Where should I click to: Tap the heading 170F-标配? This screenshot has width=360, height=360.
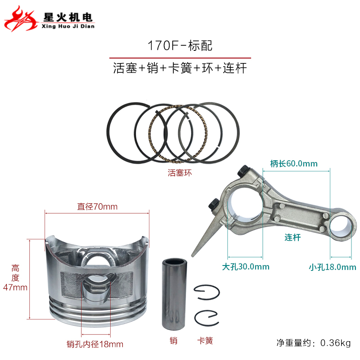coord(180,45)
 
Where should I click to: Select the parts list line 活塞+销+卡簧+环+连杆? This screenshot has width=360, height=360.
coord(180,69)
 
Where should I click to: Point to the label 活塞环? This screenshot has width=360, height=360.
coord(180,172)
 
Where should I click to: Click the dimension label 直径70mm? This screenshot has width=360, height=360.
coord(97,207)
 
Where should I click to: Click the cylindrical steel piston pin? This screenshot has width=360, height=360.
coord(174,293)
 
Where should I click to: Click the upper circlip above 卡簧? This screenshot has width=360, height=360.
coord(207,293)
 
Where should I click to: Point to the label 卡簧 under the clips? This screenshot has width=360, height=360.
coord(205,341)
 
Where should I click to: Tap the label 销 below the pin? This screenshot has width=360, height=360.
coord(174,341)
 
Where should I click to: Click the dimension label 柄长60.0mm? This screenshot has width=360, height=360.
coord(294,163)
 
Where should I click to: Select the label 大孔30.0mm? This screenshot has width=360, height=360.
coord(246,266)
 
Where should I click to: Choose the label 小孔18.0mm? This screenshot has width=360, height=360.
coord(332,267)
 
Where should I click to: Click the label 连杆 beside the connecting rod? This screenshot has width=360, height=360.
coord(292,237)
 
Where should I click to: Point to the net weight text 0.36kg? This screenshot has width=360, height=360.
coord(336,343)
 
